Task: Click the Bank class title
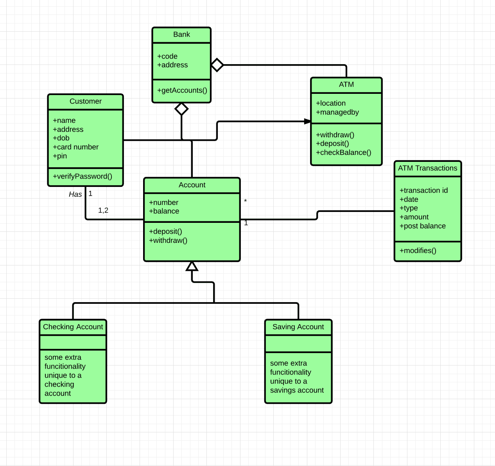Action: pyautogui.click(x=181, y=35)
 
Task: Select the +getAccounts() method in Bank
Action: pyautogui.click(x=182, y=90)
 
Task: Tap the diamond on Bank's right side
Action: pyautogui.click(x=217, y=65)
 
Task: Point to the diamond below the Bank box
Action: pyautogui.click(x=181, y=109)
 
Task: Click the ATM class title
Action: pyautogui.click(x=346, y=84)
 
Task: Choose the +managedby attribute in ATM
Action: pyautogui.click(x=337, y=112)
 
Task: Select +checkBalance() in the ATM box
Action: pyautogui.click(x=344, y=152)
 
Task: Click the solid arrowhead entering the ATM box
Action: pyautogui.click(x=307, y=122)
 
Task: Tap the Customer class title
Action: pyautogui.click(x=85, y=101)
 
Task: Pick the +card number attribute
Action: pyautogui.click(x=76, y=147)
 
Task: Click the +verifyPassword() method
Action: pyautogui.click(x=82, y=176)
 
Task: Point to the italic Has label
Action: pyautogui.click(x=75, y=194)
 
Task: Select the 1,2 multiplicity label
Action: pyautogui.click(x=103, y=210)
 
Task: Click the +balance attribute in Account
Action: pyautogui.click(x=164, y=211)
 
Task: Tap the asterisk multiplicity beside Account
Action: pyautogui.click(x=245, y=201)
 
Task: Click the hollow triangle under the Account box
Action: pyautogui.click(x=192, y=267)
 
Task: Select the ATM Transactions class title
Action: pyautogui.click(x=427, y=168)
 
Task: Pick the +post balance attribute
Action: pyautogui.click(x=423, y=226)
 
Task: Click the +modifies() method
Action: pyautogui.click(x=418, y=251)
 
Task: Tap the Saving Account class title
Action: pyautogui.click(x=298, y=327)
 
